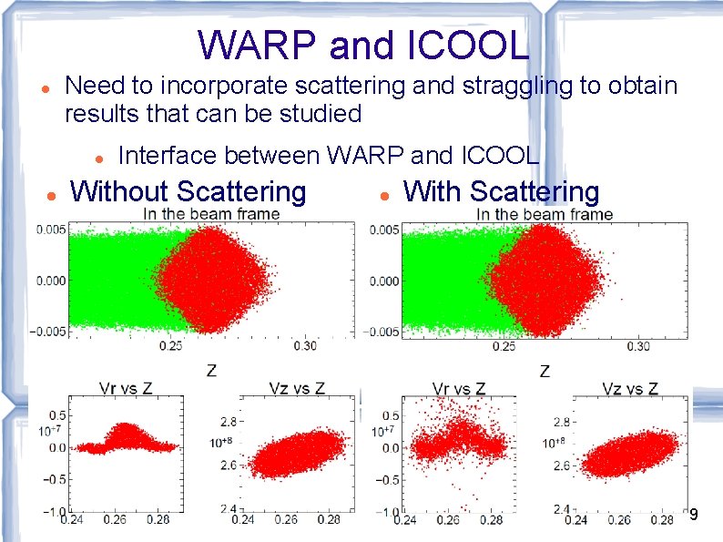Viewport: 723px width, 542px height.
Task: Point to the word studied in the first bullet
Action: coord(315,114)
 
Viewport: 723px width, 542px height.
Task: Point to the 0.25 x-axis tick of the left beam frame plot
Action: coord(170,346)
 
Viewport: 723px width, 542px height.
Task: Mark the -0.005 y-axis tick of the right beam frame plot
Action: coord(382,331)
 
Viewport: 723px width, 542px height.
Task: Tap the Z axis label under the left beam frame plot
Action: coord(211,371)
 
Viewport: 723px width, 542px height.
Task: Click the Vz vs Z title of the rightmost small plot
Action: coord(630,388)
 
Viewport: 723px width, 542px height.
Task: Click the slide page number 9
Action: coord(694,515)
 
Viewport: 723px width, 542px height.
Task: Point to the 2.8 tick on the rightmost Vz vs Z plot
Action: coord(560,423)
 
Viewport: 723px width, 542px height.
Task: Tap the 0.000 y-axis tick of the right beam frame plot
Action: coord(385,281)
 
